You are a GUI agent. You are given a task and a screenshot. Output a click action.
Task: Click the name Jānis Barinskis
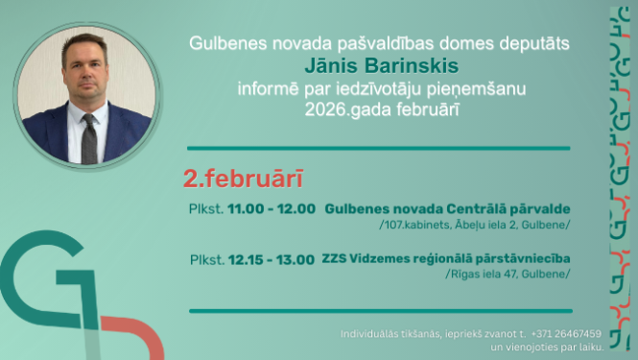[x=379, y=66]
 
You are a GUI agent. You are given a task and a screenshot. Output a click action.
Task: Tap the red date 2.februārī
[x=244, y=180]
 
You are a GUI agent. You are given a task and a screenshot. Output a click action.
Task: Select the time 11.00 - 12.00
[x=272, y=208]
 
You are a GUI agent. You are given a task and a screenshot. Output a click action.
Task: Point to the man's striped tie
[x=89, y=138]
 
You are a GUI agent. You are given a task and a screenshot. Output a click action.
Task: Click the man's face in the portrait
[x=86, y=74]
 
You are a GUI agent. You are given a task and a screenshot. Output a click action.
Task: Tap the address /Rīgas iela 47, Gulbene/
[x=508, y=274]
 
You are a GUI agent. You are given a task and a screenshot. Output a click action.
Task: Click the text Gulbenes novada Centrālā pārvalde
[x=448, y=208]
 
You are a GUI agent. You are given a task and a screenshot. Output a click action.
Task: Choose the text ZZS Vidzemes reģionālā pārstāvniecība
[x=446, y=258]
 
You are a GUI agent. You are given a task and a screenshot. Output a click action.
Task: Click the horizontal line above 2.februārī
[x=379, y=149]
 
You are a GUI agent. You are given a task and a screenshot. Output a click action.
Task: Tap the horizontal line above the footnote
[x=379, y=311]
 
